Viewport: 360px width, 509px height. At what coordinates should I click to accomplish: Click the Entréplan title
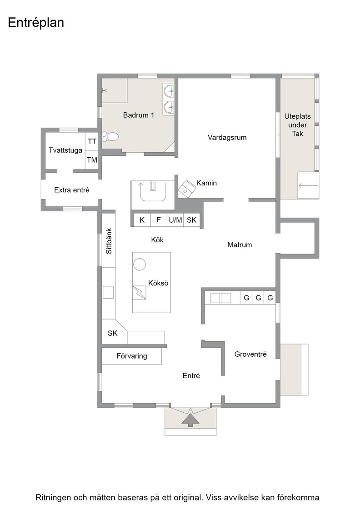click(x=36, y=23)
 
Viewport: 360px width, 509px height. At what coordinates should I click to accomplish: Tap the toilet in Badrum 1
click(x=110, y=137)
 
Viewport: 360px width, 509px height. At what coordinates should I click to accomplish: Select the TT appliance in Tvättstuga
click(x=92, y=141)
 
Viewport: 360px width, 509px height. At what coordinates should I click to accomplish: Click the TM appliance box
click(x=92, y=160)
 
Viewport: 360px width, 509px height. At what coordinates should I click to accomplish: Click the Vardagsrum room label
click(x=227, y=137)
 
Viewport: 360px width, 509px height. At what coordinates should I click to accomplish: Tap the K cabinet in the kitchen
click(x=142, y=220)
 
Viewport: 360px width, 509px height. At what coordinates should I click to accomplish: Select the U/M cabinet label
click(x=175, y=220)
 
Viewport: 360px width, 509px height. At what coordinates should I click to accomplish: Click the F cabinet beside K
click(x=159, y=220)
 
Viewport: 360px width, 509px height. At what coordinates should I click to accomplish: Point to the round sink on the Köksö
click(x=140, y=264)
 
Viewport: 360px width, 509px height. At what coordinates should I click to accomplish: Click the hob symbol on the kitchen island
click(x=139, y=293)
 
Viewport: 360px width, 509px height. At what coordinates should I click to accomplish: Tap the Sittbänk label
click(x=109, y=241)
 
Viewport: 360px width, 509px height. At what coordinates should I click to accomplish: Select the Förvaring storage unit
click(x=132, y=356)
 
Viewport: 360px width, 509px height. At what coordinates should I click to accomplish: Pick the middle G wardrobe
click(x=258, y=298)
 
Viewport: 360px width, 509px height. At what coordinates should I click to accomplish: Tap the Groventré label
click(x=250, y=354)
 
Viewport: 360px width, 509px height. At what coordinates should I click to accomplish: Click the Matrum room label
click(x=240, y=245)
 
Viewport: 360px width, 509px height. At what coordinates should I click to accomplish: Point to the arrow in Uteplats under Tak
click(x=308, y=186)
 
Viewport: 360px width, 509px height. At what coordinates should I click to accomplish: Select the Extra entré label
click(x=72, y=190)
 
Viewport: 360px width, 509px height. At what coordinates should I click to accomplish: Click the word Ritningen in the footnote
click(x=54, y=498)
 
